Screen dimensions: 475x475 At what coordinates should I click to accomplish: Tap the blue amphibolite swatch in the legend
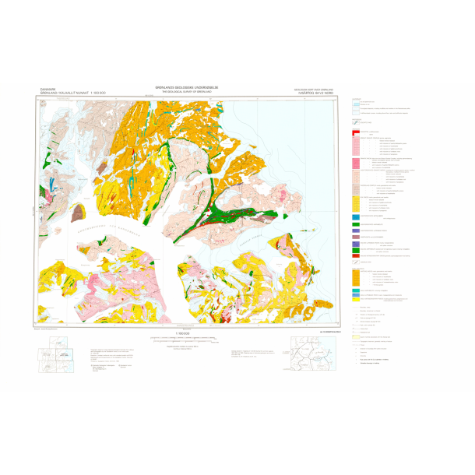pos(355,216)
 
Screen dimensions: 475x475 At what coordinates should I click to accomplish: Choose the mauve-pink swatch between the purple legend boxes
pos(355,237)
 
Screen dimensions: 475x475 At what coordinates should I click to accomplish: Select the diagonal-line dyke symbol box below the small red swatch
pos(356,122)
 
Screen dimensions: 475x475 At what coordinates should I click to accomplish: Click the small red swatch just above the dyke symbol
pos(355,114)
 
